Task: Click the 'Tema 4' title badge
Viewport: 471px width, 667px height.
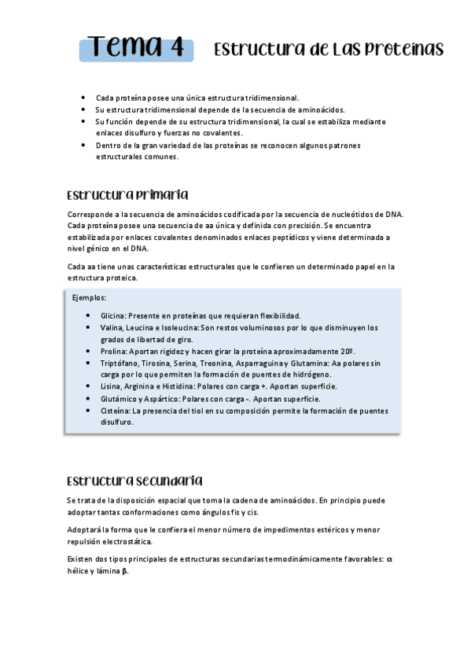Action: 136,48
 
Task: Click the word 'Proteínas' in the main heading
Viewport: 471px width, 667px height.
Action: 403,50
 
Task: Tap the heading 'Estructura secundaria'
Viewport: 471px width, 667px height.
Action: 135,480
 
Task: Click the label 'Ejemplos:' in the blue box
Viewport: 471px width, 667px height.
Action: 89,298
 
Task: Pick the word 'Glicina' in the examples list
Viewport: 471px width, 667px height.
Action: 113,315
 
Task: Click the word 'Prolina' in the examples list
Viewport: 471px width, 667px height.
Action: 114,351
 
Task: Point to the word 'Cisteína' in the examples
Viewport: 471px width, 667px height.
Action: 116,411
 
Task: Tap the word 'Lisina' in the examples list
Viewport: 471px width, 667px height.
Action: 112,387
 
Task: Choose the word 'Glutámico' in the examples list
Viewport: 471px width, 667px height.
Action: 120,399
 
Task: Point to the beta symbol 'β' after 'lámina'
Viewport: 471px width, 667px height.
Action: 124,572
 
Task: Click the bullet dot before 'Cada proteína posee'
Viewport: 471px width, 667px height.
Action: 83,98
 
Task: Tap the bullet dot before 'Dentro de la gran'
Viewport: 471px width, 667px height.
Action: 83,146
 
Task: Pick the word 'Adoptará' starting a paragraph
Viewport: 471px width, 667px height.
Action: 86,530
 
